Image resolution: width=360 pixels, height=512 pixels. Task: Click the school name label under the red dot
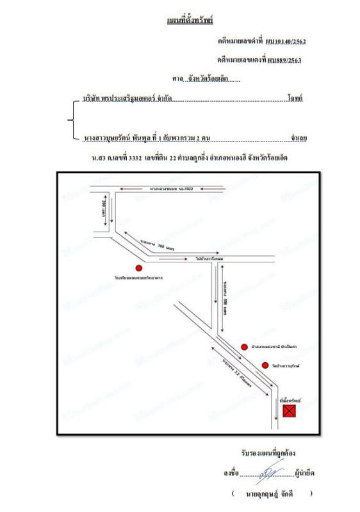[x=138, y=279]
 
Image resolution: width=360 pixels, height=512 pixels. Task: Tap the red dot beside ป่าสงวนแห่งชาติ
[x=244, y=347]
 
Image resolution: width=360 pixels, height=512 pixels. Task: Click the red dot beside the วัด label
[x=265, y=365]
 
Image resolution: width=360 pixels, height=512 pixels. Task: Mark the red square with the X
[x=290, y=411]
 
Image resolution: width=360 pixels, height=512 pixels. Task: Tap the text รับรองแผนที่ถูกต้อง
[x=268, y=452]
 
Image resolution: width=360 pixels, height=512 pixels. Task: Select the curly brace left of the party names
[x=70, y=119]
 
